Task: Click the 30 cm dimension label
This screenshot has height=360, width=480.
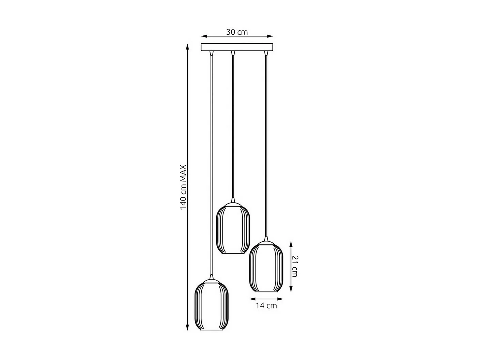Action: (x=237, y=32)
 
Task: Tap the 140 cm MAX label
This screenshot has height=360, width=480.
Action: (x=183, y=187)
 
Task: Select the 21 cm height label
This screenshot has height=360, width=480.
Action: (x=295, y=266)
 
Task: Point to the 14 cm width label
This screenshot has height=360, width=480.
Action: (x=266, y=305)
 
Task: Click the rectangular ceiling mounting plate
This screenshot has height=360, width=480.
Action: (x=237, y=47)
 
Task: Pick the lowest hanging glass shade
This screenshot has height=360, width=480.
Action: (x=212, y=305)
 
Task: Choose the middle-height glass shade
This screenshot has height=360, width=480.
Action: (x=233, y=228)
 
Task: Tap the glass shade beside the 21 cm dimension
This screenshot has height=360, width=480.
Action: (x=266, y=267)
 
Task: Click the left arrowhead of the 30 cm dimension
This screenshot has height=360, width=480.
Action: (x=203, y=36)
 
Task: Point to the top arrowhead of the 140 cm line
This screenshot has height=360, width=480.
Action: (x=187, y=46)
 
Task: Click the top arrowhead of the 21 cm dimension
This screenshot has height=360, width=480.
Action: (x=291, y=243)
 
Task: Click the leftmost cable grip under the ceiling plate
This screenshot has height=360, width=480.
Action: (x=212, y=53)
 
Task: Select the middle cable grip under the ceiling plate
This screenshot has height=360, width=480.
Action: (x=233, y=53)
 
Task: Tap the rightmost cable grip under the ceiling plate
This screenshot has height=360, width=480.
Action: (x=266, y=53)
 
